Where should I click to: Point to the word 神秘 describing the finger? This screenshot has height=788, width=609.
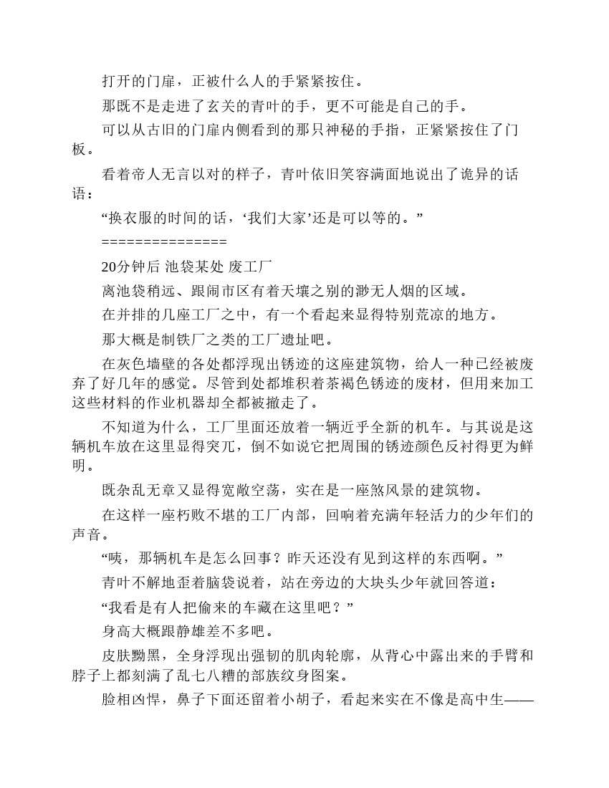(368, 131)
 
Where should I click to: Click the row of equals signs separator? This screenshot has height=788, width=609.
(164, 241)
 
